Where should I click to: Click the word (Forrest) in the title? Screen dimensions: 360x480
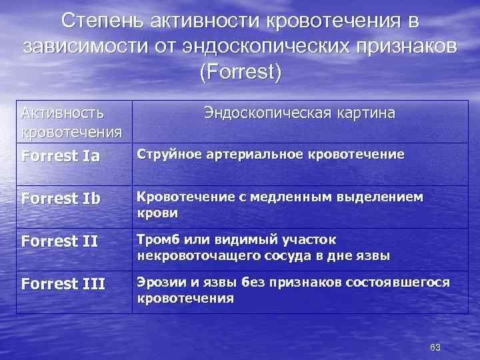tap(240, 71)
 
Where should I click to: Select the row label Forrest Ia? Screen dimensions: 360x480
tap(61, 157)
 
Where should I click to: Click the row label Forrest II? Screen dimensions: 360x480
tap(59, 242)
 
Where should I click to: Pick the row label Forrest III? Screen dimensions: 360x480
tap(63, 285)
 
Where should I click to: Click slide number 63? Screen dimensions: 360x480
tap(436, 347)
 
